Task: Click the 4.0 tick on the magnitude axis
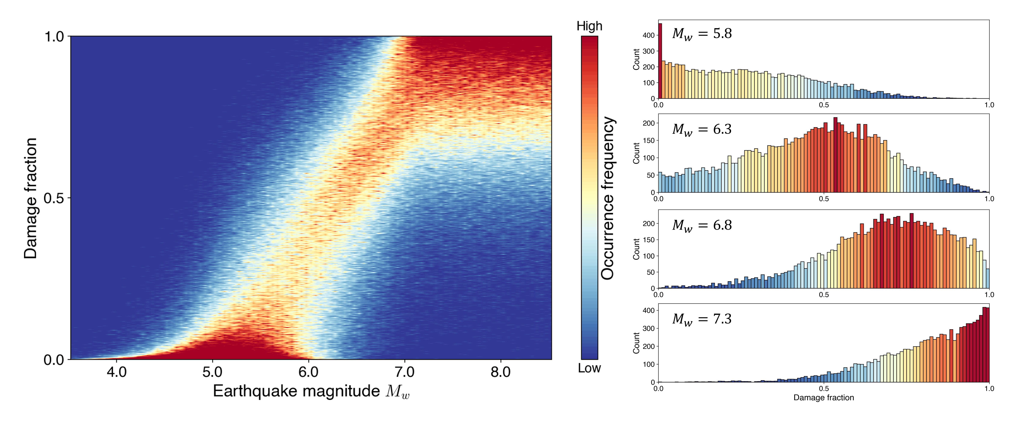(x=117, y=372)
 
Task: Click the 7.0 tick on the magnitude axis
(x=405, y=372)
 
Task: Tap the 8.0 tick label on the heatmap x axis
(x=500, y=372)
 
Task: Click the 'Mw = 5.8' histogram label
(x=702, y=34)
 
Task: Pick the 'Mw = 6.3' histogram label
(x=702, y=129)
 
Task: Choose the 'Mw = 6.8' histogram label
(x=702, y=226)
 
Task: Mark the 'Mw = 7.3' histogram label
(x=702, y=319)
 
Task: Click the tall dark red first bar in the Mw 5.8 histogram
(x=660, y=61)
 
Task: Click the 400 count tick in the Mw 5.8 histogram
(x=648, y=35)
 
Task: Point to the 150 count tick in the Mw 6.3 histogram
(x=648, y=141)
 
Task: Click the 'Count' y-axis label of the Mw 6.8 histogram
(x=636, y=249)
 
